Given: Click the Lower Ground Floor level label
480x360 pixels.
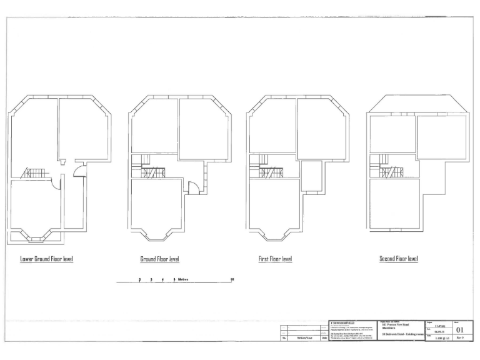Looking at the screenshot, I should point(47,259).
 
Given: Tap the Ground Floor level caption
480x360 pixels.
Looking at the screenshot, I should point(159,259).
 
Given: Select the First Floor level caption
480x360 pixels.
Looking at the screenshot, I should point(275,259).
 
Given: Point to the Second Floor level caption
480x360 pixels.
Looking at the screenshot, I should point(398,259).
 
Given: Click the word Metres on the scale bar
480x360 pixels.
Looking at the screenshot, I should point(184,279).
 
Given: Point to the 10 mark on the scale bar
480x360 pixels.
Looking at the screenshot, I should point(232,279).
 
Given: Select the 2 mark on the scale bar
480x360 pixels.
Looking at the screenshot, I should point(139,279).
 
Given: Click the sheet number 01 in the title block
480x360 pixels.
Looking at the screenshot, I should point(460,329).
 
